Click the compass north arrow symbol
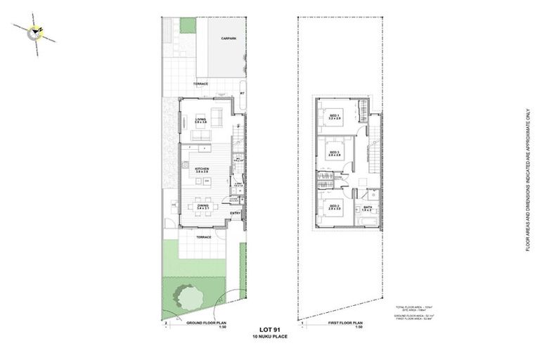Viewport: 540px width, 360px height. (x=36, y=31)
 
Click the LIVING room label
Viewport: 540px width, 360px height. (x=201, y=120)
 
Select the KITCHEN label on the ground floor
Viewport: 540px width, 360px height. (x=202, y=169)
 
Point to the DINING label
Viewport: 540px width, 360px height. (x=202, y=206)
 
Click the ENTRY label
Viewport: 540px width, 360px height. (x=236, y=213)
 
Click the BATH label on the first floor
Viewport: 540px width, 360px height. (x=367, y=207)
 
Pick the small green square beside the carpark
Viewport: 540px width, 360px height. (x=187, y=25)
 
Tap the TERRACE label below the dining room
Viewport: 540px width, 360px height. (x=203, y=238)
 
